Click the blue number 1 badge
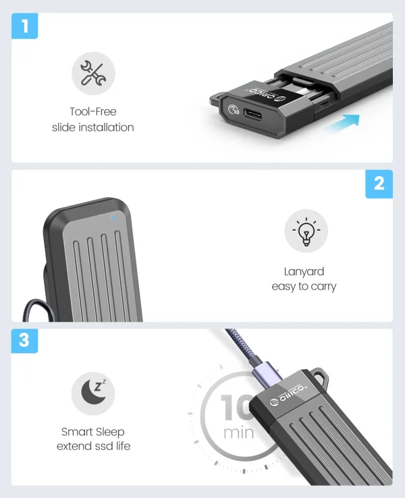pos(25,26)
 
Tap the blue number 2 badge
pos(379,184)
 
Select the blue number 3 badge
pos(24,341)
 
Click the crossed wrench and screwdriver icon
pos(93,74)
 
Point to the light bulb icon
pos(306,231)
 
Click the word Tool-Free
pos(93,111)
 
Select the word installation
pos(106,128)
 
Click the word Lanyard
pos(304,271)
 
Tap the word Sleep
pos(110,433)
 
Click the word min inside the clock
pos(238,433)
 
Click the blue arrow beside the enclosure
pos(343,123)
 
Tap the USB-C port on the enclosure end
pos(254,114)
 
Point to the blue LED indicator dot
pos(113,218)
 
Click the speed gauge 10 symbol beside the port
pos(234,110)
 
